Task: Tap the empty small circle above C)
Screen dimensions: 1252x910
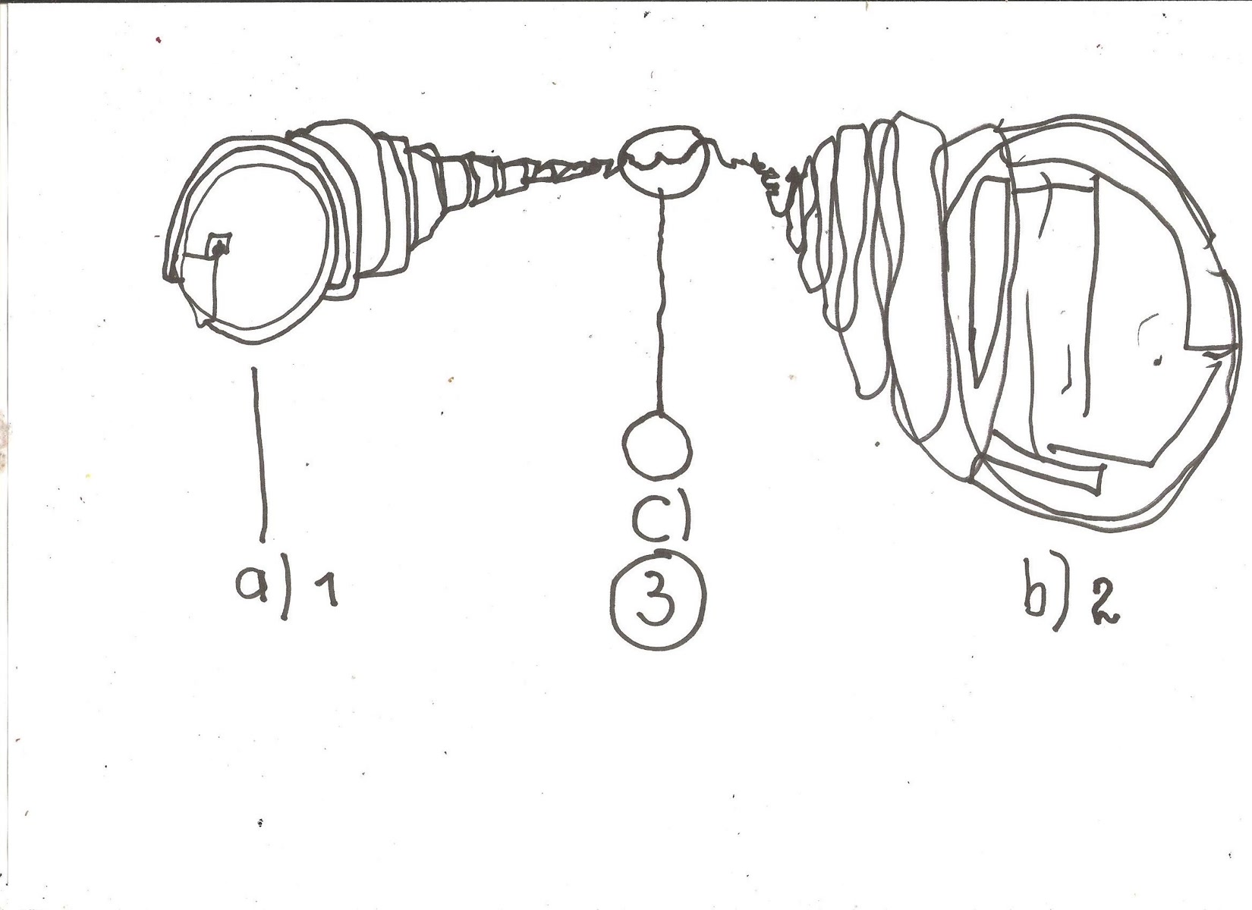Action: point(657,444)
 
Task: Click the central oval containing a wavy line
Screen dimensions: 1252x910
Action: point(664,160)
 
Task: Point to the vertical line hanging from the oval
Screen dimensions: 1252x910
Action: point(662,303)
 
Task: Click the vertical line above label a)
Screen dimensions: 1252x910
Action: point(260,454)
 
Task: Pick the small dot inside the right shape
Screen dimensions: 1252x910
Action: point(1156,361)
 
